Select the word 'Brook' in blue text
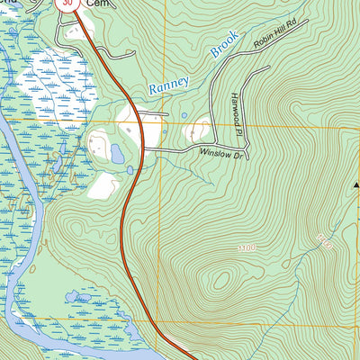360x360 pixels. pos(221,46)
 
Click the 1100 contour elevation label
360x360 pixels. pos(247,247)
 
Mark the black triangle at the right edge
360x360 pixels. pos(356,184)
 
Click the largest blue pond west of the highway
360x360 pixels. pos(117,154)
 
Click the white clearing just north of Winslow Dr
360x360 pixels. pos(198,131)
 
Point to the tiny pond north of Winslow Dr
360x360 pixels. pos(184,115)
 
